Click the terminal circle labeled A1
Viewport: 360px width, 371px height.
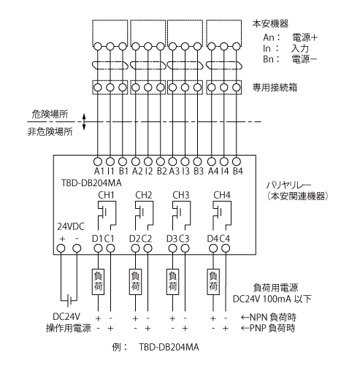pos(98,161)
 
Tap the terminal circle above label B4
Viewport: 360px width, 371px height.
pos(237,161)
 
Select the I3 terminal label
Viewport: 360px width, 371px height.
pos(185,171)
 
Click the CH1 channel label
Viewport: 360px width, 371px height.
pos(106,195)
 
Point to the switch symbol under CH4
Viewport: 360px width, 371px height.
pos(222,215)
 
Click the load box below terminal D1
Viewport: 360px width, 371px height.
pos(98,282)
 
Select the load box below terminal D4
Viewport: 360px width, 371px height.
pos(213,282)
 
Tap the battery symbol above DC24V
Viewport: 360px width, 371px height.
pos(69,302)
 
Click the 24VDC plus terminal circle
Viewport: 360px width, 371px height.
pos(61,248)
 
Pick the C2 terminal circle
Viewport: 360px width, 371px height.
pos(148,248)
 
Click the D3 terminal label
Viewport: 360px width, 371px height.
pos(172,239)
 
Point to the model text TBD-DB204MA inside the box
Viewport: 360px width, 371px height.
pos(91,183)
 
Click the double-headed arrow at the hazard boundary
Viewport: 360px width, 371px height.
pos(84,121)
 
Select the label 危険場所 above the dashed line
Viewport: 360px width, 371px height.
pos(50,114)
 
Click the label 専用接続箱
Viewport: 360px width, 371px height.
pos(275,88)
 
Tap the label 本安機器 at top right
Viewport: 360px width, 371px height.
pos(270,23)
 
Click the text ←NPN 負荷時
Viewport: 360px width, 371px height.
pos(268,317)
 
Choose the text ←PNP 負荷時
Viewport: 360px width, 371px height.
pos(268,328)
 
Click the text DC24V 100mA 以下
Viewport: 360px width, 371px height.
pos(272,299)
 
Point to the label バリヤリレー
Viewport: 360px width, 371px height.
pos(288,185)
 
